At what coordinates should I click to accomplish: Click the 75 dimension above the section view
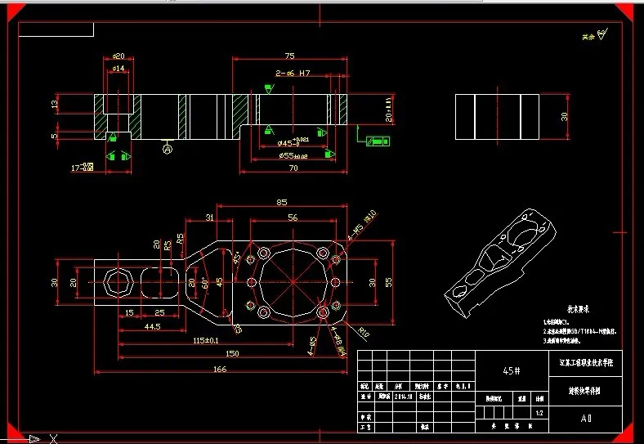click(x=289, y=56)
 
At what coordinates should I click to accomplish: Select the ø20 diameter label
click(x=119, y=56)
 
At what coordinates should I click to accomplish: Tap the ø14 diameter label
click(x=119, y=69)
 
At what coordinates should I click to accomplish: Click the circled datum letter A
click(x=168, y=150)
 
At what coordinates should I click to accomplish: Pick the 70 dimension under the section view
click(x=292, y=168)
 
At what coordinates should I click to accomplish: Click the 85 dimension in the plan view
click(x=282, y=202)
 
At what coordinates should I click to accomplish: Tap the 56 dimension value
click(x=292, y=218)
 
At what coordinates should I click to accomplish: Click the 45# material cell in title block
click(x=512, y=370)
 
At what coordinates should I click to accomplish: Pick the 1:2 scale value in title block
click(x=539, y=414)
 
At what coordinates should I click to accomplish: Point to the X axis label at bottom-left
click(x=53, y=438)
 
